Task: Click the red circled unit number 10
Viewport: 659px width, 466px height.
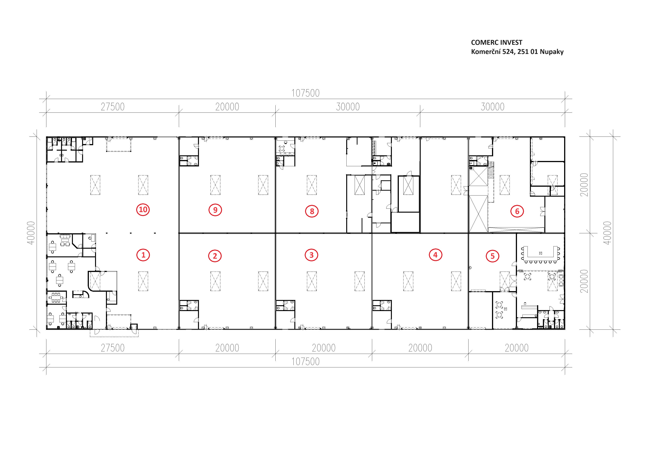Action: [143, 210]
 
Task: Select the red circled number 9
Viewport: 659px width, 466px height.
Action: [215, 210]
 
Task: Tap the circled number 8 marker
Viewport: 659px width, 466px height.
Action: [312, 211]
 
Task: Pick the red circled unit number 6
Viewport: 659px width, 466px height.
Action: [517, 211]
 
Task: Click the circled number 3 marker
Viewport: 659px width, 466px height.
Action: [311, 255]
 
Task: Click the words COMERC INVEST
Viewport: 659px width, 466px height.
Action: [497, 42]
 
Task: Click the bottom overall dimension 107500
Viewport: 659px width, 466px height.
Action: [305, 362]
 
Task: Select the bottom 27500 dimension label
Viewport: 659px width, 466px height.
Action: [113, 348]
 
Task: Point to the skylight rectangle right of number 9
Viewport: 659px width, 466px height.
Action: [263, 185]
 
